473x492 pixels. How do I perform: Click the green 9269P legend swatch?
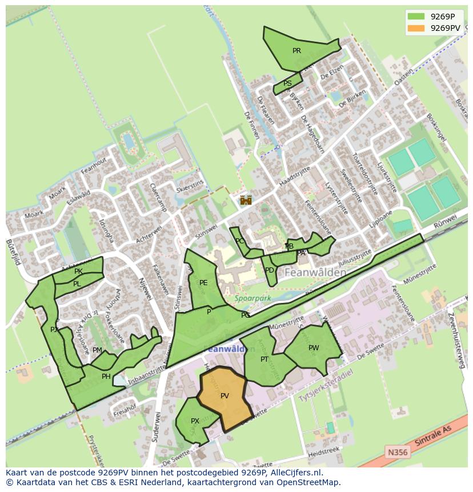click(x=416, y=17)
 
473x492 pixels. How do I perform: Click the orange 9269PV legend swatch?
click(x=416, y=27)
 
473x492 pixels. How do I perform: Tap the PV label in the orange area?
click(x=225, y=395)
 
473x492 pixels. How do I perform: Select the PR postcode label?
click(x=296, y=51)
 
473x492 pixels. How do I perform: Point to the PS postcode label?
click(x=287, y=83)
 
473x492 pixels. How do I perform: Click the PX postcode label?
click(x=195, y=421)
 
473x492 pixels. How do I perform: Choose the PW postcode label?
click(x=314, y=348)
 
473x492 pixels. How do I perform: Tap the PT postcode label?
click(x=264, y=359)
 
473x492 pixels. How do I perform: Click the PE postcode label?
click(x=203, y=283)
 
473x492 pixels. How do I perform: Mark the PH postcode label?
click(x=106, y=377)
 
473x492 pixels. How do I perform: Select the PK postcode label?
click(x=78, y=271)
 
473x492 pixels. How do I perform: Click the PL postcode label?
click(x=77, y=284)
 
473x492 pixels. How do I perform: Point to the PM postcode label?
click(x=97, y=350)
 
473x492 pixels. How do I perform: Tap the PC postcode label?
click(x=239, y=241)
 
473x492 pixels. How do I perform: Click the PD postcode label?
click(x=270, y=270)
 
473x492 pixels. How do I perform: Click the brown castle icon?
click(x=246, y=200)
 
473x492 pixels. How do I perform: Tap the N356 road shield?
click(x=398, y=452)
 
